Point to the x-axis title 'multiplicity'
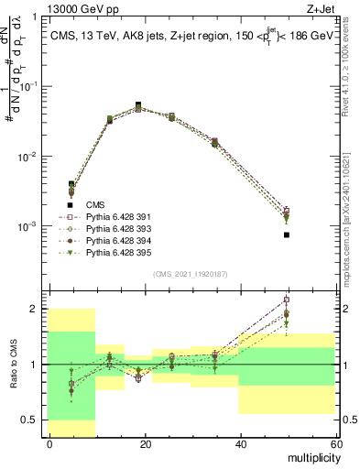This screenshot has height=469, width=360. point(311,456)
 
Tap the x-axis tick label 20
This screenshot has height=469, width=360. point(145,443)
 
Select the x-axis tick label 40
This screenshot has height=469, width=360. point(240,443)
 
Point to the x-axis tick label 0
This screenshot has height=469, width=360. point(49,443)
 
